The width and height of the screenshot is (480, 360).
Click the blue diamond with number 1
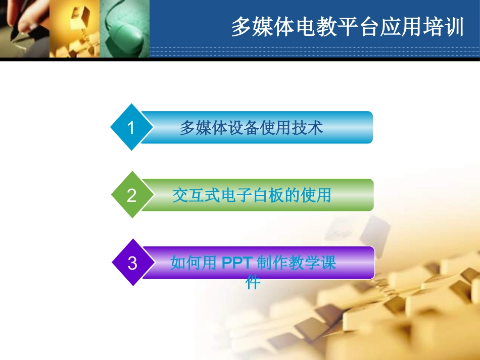coord(131,128)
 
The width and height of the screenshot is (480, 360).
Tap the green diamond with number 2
coord(131,195)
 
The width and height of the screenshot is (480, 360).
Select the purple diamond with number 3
coord(132,263)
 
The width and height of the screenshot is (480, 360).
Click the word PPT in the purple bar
coord(237,263)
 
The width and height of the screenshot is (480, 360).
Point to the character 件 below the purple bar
coord(253,282)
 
